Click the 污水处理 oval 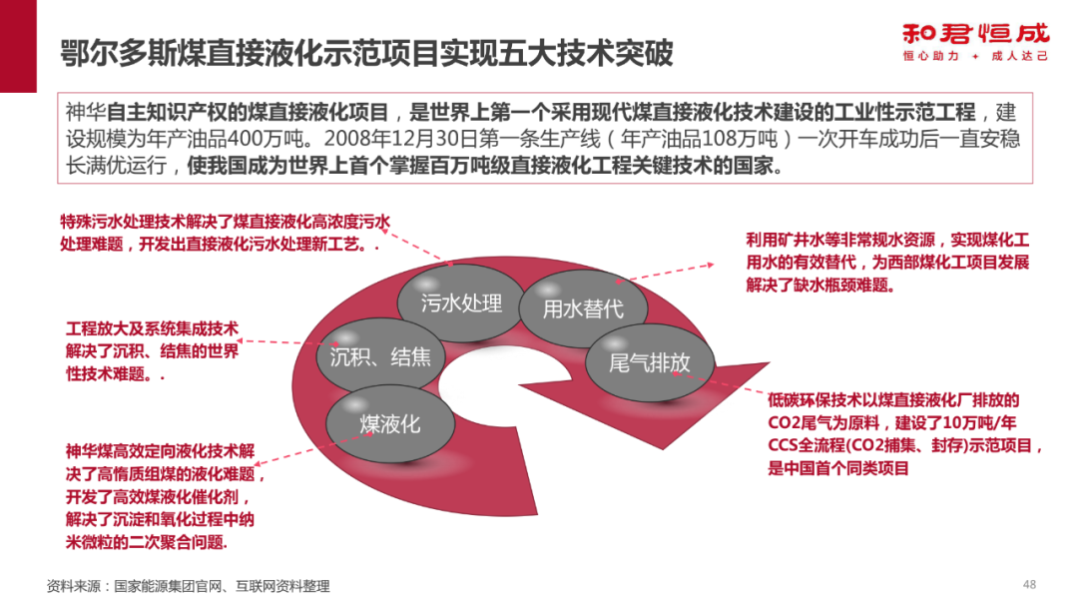point(461,303)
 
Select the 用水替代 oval point(582,308)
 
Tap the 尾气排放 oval point(649,362)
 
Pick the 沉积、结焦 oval point(380,356)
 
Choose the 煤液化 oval point(390,423)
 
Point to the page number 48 point(1030,584)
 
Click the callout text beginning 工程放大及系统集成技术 point(152,351)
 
